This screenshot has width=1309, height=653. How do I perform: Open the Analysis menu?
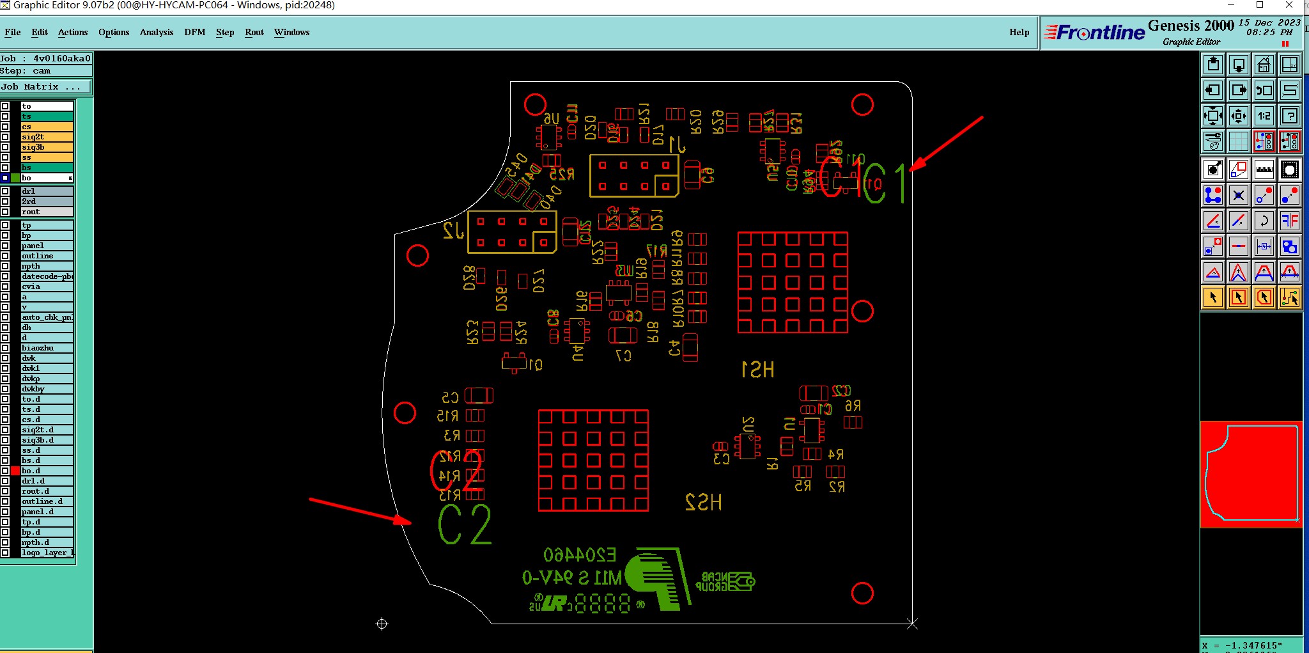156,33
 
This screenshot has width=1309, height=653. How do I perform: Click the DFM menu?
194,33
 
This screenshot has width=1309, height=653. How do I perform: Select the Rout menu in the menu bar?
254,33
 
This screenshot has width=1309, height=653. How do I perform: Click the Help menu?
1019,33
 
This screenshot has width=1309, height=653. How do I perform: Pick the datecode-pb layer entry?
47,276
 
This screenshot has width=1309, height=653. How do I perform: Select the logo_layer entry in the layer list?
47,553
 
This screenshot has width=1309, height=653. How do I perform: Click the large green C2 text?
465,525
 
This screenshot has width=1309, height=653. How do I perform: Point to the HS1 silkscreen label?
757,370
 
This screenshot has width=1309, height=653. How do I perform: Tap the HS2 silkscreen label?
703,502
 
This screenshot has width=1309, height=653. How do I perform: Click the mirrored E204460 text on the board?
579,555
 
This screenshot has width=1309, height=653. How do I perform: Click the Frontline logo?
1094,33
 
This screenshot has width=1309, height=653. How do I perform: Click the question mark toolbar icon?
1290,116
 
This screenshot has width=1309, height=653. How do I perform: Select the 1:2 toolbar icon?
1264,116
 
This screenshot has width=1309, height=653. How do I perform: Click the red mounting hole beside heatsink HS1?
862,311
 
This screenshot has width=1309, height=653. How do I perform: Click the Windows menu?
291,33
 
